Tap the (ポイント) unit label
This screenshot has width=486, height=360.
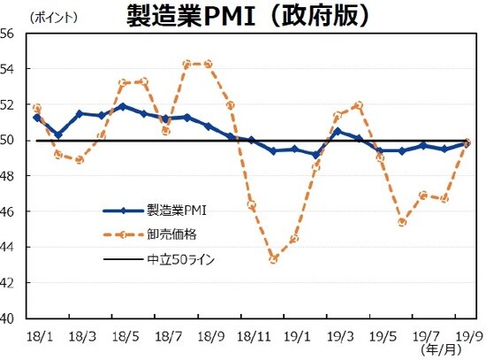click(56, 18)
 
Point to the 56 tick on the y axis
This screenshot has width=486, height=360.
click(11, 34)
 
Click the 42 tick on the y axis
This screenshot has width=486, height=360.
click(11, 283)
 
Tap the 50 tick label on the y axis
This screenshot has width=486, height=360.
click(11, 140)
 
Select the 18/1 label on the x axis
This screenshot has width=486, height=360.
click(38, 337)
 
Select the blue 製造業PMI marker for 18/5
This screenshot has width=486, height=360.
click(122, 106)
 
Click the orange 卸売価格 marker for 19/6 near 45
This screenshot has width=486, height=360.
click(402, 222)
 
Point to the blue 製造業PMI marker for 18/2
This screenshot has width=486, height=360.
click(58, 134)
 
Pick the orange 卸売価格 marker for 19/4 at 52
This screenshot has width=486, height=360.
click(359, 104)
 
